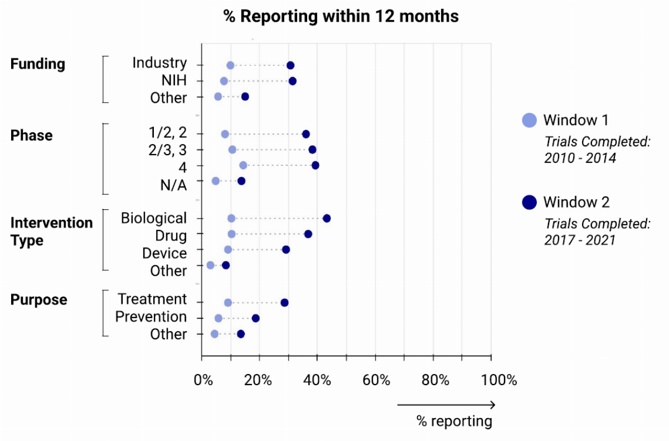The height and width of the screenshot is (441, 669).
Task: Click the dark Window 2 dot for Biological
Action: pos(327,218)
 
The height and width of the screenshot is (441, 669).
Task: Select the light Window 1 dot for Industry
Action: pos(230,65)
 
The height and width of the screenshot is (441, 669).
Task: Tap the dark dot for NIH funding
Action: pos(292,81)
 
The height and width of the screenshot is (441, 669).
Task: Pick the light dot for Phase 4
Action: pos(243,165)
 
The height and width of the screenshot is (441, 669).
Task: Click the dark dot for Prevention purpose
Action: pos(255,318)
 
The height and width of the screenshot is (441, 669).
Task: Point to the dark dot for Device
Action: pos(286,250)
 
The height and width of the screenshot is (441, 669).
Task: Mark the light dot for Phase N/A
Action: pos(216,181)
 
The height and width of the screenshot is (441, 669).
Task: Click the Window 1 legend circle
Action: pos(529,120)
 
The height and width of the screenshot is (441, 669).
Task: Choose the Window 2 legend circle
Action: pos(529,202)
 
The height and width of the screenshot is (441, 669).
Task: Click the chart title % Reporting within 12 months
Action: pos(341,16)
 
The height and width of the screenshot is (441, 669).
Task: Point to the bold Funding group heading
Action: pos(38,64)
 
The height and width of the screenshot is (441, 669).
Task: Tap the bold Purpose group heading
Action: pos(39,300)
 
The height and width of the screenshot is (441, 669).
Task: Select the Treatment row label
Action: pos(152,299)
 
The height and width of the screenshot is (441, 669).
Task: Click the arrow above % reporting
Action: pos(445,405)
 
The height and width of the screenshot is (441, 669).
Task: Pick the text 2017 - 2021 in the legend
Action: pos(580,240)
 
